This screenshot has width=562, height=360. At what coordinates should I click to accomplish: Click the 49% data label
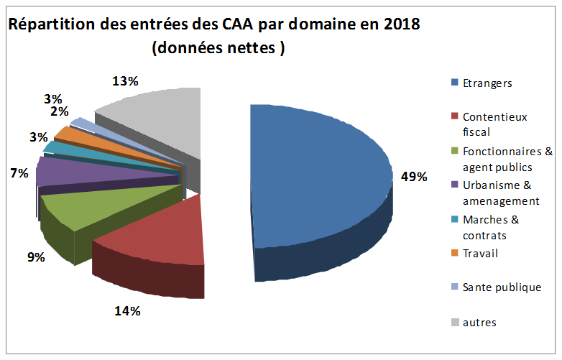click(x=414, y=176)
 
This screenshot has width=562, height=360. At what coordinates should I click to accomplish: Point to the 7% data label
click(x=19, y=173)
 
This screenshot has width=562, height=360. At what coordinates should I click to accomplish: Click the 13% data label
click(x=125, y=81)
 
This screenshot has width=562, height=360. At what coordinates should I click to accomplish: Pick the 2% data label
click(x=59, y=111)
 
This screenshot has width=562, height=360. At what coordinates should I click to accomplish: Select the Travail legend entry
click(x=480, y=253)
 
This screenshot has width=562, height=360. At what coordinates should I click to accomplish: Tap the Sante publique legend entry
click(x=501, y=287)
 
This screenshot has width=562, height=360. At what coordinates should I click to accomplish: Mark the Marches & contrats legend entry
click(x=490, y=228)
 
